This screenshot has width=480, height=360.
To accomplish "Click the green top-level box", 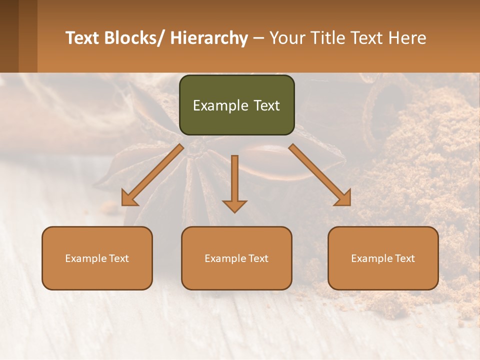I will point(236,105).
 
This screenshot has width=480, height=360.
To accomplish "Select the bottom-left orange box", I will point(97,258).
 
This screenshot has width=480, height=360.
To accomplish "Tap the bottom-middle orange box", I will point(236,258).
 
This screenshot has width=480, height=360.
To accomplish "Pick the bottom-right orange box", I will point(383,258).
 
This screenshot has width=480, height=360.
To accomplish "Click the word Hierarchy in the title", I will point(209,38).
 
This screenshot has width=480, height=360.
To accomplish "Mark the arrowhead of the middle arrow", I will point(234,205).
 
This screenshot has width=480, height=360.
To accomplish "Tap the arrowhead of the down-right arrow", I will point(343,198).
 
